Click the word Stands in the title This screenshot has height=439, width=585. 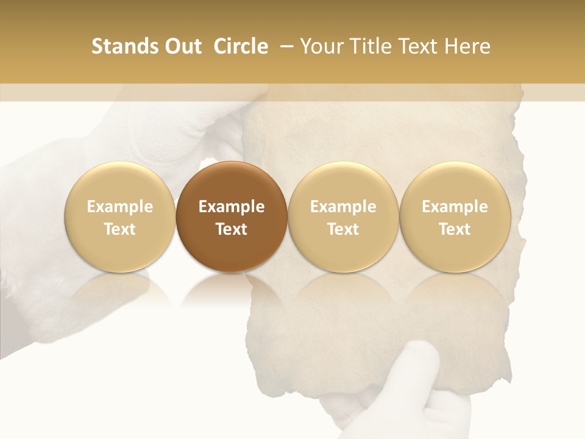point(119,46)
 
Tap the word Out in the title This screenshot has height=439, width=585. point(181,46)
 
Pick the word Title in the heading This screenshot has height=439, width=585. point(372,46)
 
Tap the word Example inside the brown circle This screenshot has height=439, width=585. point(232,207)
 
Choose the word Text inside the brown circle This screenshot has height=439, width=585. point(232,229)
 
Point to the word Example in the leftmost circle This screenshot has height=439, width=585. point(120,207)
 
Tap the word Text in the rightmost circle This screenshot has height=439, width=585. point(455,229)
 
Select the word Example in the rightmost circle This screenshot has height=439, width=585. point(455,207)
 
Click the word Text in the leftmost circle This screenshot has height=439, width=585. point(120,229)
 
